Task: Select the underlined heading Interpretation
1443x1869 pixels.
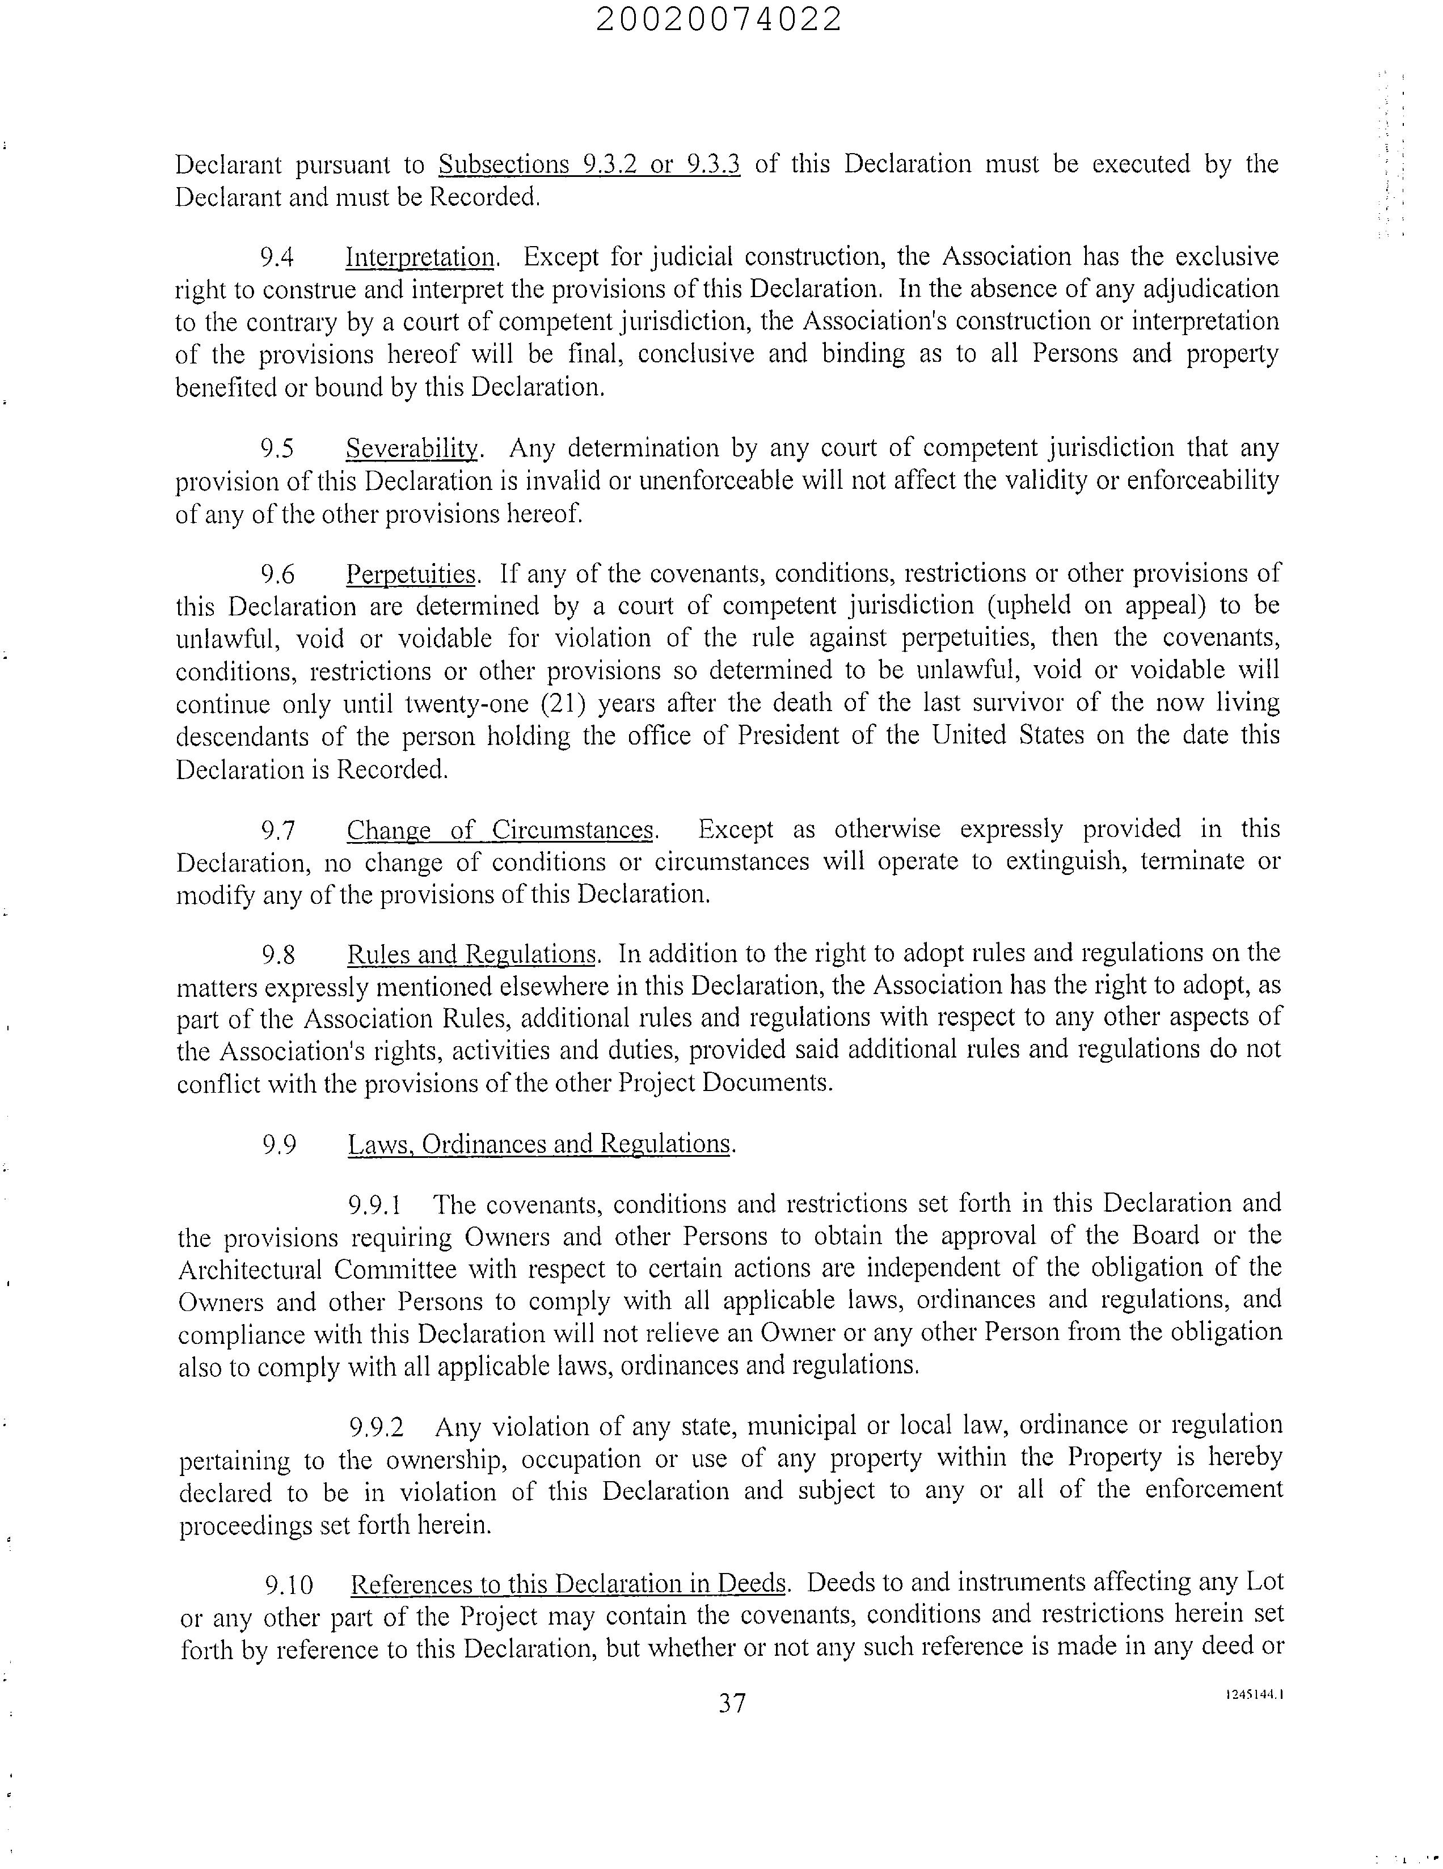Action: pos(420,257)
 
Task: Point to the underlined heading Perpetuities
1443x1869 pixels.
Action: pos(411,573)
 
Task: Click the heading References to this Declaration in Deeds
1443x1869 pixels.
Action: pos(568,1584)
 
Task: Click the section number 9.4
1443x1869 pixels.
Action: pos(277,257)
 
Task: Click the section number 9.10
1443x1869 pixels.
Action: pos(289,1585)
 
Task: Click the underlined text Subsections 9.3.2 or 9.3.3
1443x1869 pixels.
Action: pos(589,164)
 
